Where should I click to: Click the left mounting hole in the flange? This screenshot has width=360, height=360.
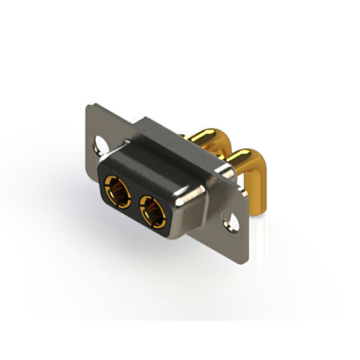tap(101, 143)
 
